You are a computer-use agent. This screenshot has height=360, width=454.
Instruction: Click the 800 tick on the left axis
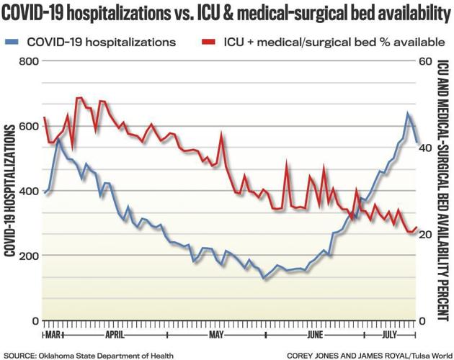coord(28,61)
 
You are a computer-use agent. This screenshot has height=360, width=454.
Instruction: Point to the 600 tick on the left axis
coord(28,126)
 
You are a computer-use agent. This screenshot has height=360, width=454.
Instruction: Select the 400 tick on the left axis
coord(28,191)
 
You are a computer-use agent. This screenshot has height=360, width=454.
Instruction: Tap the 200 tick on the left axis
coord(28,256)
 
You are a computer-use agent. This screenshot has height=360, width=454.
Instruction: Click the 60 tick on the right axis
coord(425,61)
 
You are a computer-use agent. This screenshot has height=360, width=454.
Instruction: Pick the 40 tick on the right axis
coord(425,148)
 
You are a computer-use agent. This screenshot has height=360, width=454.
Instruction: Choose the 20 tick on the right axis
coord(425,235)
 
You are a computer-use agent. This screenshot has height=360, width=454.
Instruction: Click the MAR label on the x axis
coord(53,336)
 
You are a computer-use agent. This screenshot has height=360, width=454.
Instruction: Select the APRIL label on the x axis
coord(115,336)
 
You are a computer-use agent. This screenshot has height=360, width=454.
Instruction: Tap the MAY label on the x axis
coord(217,336)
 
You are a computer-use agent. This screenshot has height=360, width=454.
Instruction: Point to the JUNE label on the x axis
coord(315,336)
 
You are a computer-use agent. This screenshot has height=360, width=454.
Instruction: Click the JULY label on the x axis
coord(390,336)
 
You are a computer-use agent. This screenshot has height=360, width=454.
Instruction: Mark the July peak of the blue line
coord(407,113)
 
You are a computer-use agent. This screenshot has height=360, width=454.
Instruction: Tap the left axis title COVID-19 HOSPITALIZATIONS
coord(11,191)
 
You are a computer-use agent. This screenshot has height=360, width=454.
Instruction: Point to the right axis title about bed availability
coord(442,191)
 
